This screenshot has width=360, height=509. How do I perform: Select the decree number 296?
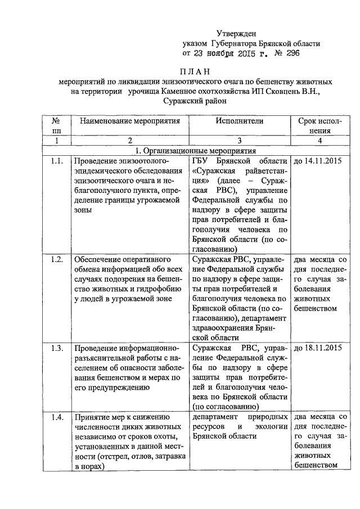[291, 54]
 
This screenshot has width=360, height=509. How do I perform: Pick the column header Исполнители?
[239, 120]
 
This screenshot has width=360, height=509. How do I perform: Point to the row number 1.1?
[56, 162]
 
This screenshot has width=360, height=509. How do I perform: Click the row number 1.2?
[56, 259]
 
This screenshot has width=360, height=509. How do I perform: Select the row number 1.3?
[56, 347]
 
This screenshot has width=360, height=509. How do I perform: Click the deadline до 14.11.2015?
[318, 162]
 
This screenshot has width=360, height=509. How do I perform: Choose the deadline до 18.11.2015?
[318, 347]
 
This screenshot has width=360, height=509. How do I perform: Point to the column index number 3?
[239, 141]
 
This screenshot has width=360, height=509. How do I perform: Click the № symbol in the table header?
[56, 120]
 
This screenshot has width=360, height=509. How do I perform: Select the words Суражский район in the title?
[195, 101]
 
